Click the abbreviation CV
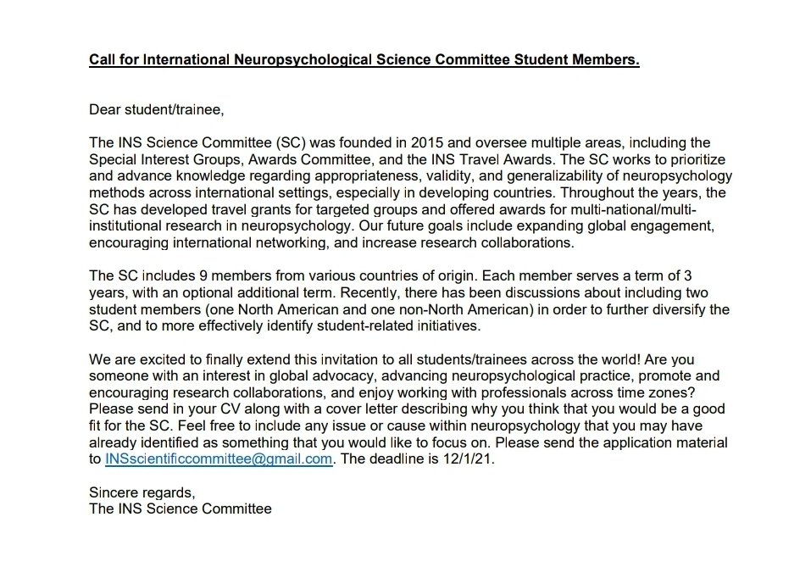(x=219, y=408)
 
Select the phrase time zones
(x=641, y=392)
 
